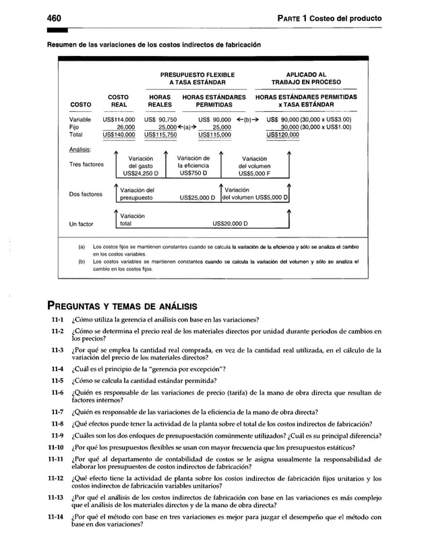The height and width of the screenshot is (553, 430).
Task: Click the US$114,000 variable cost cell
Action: click(x=119, y=119)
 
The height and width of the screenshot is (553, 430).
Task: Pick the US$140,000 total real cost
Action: click(x=119, y=134)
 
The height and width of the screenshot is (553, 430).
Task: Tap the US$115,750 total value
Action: click(x=160, y=134)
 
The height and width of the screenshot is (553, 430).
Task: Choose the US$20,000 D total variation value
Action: click(x=230, y=224)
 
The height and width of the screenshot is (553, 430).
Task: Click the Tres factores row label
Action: click(x=86, y=165)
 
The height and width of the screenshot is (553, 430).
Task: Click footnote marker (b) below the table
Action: click(x=82, y=261)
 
